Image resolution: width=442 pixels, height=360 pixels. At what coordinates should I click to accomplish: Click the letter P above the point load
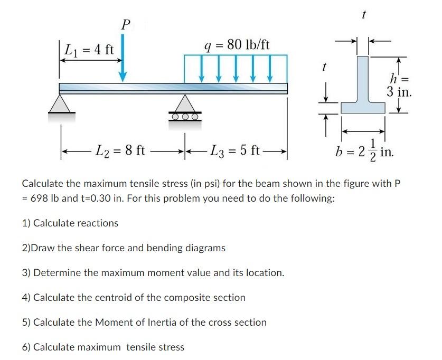click(x=125, y=24)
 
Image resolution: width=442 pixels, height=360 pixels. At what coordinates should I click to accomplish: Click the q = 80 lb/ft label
click(x=236, y=44)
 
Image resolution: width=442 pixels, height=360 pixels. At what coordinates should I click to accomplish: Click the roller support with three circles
click(x=184, y=108)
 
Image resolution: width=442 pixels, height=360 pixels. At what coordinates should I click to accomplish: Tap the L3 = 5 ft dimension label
click(x=236, y=150)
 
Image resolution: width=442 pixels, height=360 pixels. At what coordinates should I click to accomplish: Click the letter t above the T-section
click(x=363, y=16)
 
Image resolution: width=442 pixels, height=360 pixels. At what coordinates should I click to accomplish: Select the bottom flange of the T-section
click(x=363, y=108)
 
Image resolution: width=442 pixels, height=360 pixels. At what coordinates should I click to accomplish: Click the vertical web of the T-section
click(x=363, y=79)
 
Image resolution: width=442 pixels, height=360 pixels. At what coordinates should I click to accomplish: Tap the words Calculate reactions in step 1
click(x=76, y=223)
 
